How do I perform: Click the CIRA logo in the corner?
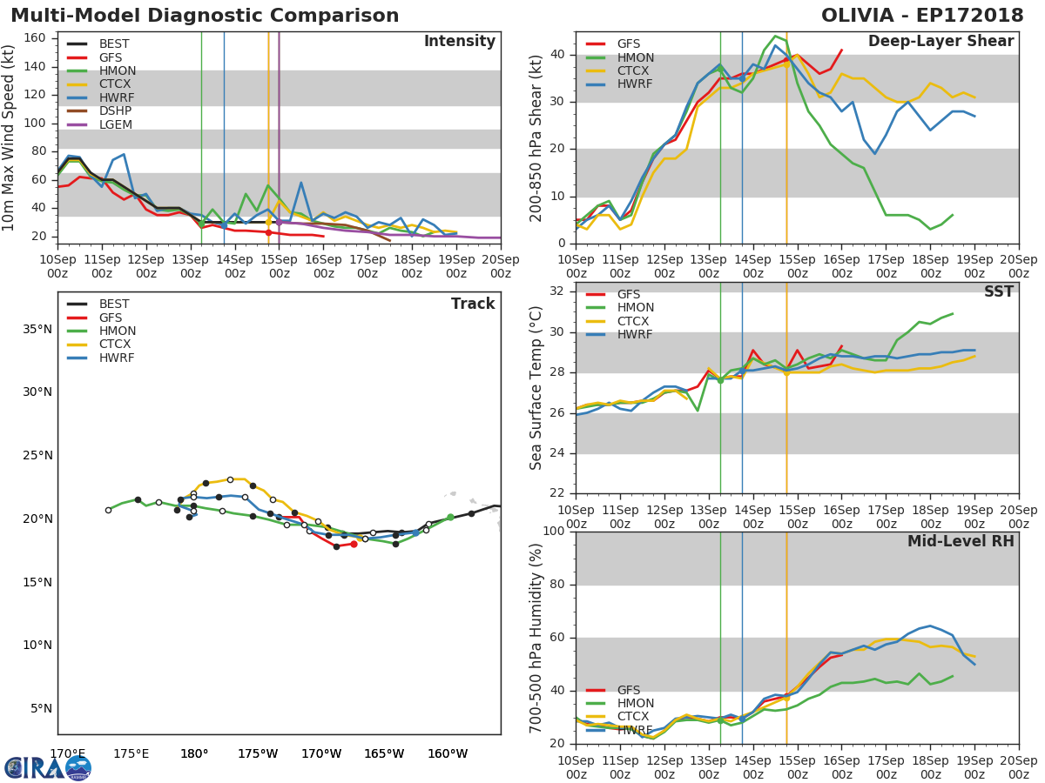(x=48, y=767)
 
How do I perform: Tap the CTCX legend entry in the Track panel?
(x=116, y=345)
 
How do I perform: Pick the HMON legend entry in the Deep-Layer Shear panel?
(x=636, y=57)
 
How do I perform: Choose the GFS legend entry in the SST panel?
(x=629, y=294)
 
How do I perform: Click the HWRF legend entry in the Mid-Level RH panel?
(x=635, y=730)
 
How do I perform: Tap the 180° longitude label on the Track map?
(x=193, y=753)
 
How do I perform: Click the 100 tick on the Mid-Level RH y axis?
(x=554, y=532)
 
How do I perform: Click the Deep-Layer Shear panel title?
(x=940, y=42)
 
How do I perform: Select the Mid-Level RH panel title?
(x=961, y=541)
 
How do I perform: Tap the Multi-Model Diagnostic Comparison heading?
(x=205, y=16)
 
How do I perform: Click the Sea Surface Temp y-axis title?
(x=536, y=388)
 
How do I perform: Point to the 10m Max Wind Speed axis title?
(x=10, y=138)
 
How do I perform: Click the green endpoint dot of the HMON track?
(x=450, y=518)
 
